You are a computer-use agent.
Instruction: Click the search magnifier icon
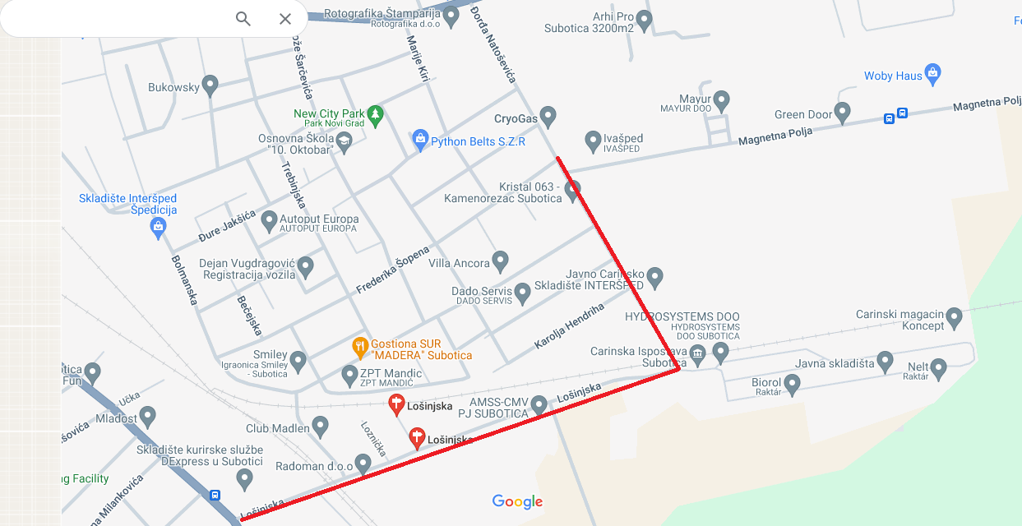243,19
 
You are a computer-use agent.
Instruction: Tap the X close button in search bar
285,19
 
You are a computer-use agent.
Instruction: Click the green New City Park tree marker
376,114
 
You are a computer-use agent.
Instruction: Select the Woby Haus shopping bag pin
932,74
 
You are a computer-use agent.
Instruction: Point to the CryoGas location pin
548,116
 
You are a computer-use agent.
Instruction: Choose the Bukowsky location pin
210,85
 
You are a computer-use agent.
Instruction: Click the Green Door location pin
842,112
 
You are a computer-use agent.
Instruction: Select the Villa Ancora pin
500,261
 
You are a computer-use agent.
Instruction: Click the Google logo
517,501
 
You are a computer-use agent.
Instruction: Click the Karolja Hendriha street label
569,325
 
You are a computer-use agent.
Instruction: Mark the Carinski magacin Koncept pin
954,316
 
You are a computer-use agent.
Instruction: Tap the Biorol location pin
792,383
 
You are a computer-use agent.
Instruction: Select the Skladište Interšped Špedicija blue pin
159,228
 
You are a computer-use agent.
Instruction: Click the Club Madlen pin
320,426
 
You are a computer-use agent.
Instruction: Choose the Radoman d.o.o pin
363,464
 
